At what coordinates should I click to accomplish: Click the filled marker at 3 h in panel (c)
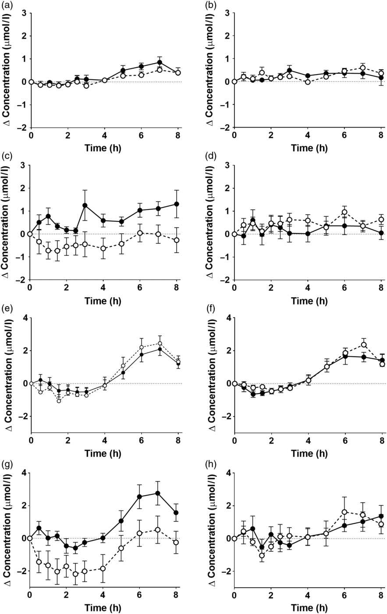point(85,205)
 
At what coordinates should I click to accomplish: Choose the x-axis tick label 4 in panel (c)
point(103,289)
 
